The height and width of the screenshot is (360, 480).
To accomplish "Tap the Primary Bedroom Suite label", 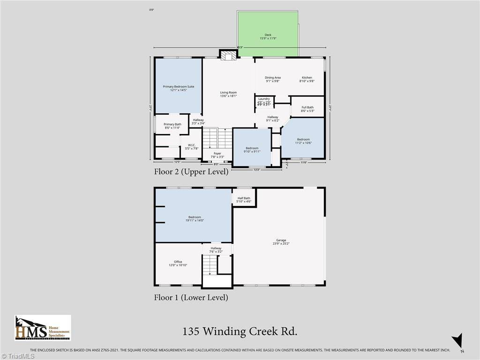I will [178, 88].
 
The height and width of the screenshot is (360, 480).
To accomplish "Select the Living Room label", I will [228, 94].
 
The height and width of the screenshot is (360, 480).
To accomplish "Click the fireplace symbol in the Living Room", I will [229, 56].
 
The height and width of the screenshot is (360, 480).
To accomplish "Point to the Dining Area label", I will [272, 79].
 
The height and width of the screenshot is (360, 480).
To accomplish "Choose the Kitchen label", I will [307, 79].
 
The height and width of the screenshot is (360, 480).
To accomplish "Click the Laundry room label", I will [264, 100].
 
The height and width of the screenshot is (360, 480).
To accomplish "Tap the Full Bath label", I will [307, 109].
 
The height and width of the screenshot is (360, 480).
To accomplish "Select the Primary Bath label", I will [172, 126].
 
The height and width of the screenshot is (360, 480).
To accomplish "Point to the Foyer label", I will [217, 155].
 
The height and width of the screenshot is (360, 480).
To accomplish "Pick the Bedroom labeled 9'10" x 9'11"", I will [252, 150].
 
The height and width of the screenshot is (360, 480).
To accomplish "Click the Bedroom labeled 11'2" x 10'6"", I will [303, 141].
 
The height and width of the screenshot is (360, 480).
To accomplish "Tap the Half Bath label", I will [244, 200].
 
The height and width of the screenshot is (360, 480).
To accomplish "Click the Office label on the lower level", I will [178, 263].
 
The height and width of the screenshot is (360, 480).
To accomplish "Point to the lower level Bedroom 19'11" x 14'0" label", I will [195, 218].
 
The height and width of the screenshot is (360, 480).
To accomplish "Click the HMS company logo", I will [43, 328].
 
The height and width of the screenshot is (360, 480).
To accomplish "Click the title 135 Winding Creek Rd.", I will [240, 332].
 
